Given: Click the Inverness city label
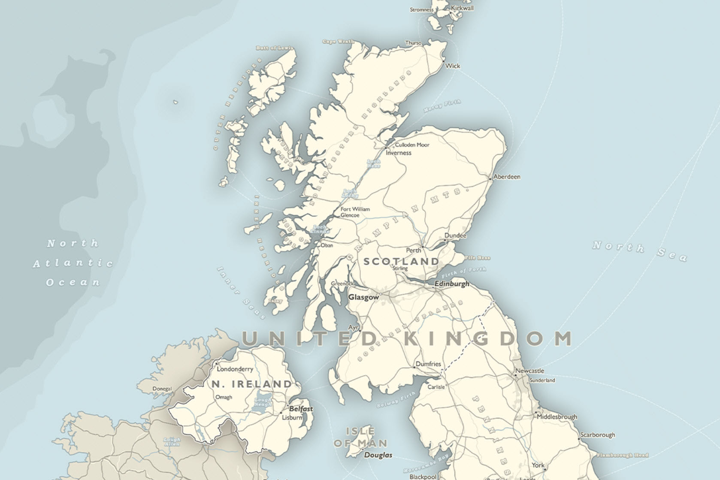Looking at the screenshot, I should click(x=398, y=153).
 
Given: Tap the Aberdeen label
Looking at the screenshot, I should click(x=507, y=177).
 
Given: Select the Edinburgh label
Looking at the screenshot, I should click(x=452, y=284).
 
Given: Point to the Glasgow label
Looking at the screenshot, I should click(x=363, y=297).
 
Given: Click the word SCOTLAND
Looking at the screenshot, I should click(x=401, y=261).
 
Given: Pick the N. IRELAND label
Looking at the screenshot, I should click(x=252, y=384).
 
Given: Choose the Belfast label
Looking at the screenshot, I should click(x=301, y=409).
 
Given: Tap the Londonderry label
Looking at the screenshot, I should click(x=235, y=369).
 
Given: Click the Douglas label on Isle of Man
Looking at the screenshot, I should click(x=378, y=455).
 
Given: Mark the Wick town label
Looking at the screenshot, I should click(x=453, y=66).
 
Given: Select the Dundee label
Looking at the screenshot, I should click(x=455, y=235).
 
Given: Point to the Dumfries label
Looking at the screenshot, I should click(x=428, y=364).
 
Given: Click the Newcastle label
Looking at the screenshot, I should click(x=529, y=371).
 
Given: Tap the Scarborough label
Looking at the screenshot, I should click(x=597, y=435).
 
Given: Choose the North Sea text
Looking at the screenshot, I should click(x=639, y=251).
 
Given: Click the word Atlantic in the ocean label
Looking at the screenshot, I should click(x=73, y=263).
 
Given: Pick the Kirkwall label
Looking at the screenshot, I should click(x=462, y=8).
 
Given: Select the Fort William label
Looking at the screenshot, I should click(x=355, y=209).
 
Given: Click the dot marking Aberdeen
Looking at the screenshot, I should click(x=490, y=179).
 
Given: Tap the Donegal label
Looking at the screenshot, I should click(x=162, y=389).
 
